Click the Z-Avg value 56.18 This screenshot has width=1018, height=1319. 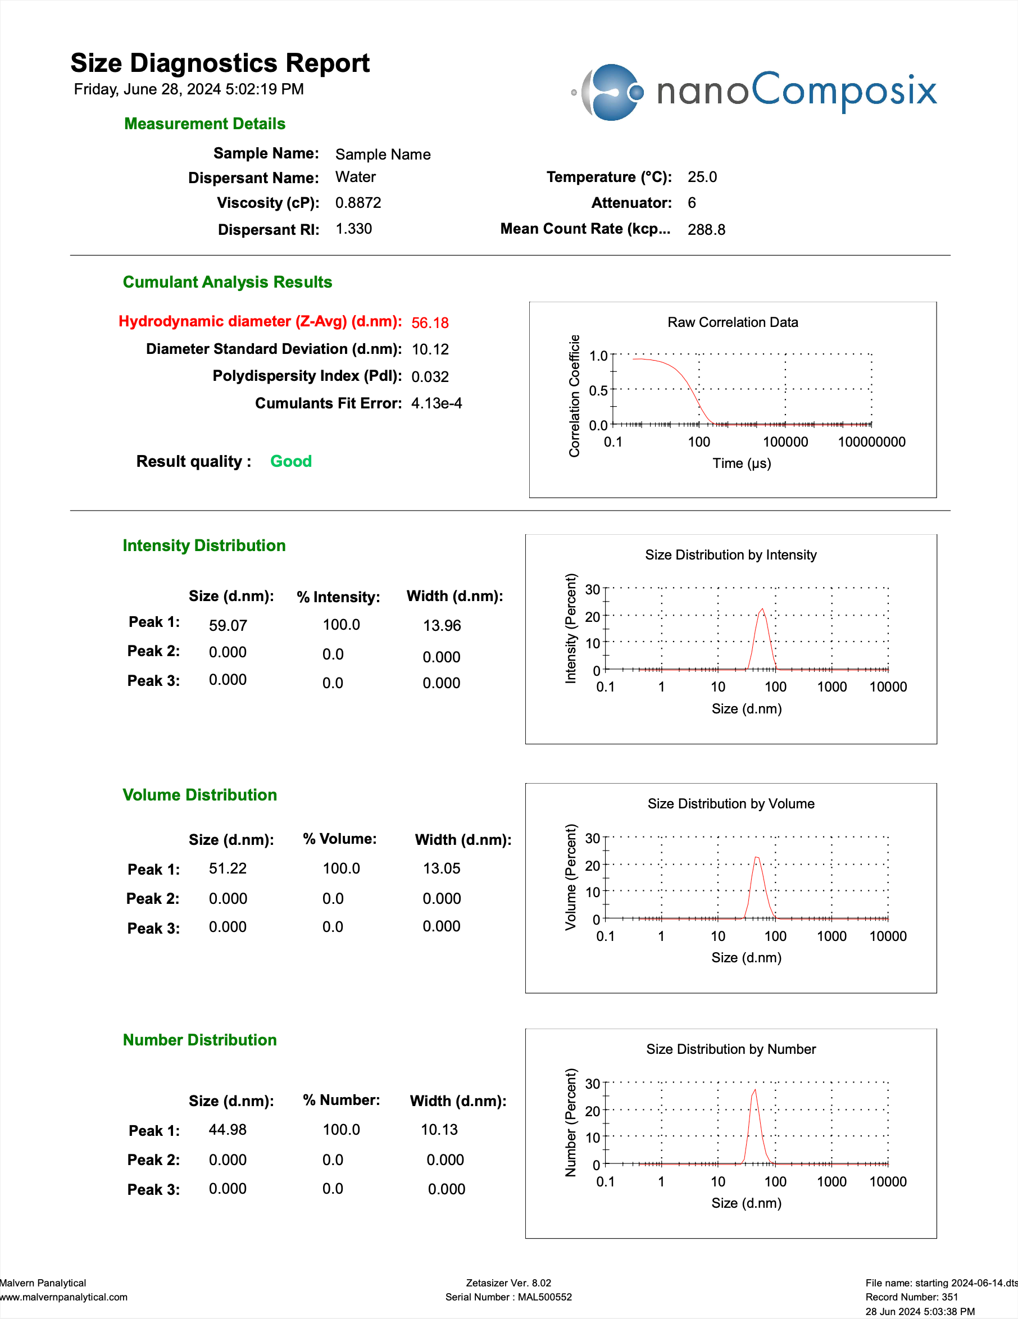(x=430, y=323)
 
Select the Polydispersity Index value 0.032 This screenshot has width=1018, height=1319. (x=430, y=377)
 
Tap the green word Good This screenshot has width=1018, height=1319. (x=290, y=461)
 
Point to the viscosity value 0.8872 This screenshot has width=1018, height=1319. (x=358, y=203)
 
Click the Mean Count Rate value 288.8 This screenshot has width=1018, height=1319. (x=706, y=230)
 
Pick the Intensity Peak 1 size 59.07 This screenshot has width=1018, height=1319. (x=228, y=626)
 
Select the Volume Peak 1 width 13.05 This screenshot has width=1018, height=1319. (x=441, y=868)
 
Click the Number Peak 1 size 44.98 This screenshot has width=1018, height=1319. (x=227, y=1129)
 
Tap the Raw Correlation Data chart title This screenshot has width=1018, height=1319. (x=732, y=322)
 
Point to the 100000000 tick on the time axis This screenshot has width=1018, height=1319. (x=871, y=442)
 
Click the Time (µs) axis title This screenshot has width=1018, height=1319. (x=741, y=463)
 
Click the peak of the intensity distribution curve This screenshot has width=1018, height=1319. (x=762, y=609)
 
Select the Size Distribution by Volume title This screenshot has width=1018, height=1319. (x=730, y=804)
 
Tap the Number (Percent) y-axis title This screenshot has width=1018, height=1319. (x=570, y=1122)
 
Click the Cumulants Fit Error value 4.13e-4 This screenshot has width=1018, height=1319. (x=436, y=403)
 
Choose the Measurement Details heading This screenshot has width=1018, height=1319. (x=204, y=124)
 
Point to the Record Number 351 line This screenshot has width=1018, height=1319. (x=911, y=1297)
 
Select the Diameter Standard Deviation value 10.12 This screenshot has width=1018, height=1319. (x=430, y=349)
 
